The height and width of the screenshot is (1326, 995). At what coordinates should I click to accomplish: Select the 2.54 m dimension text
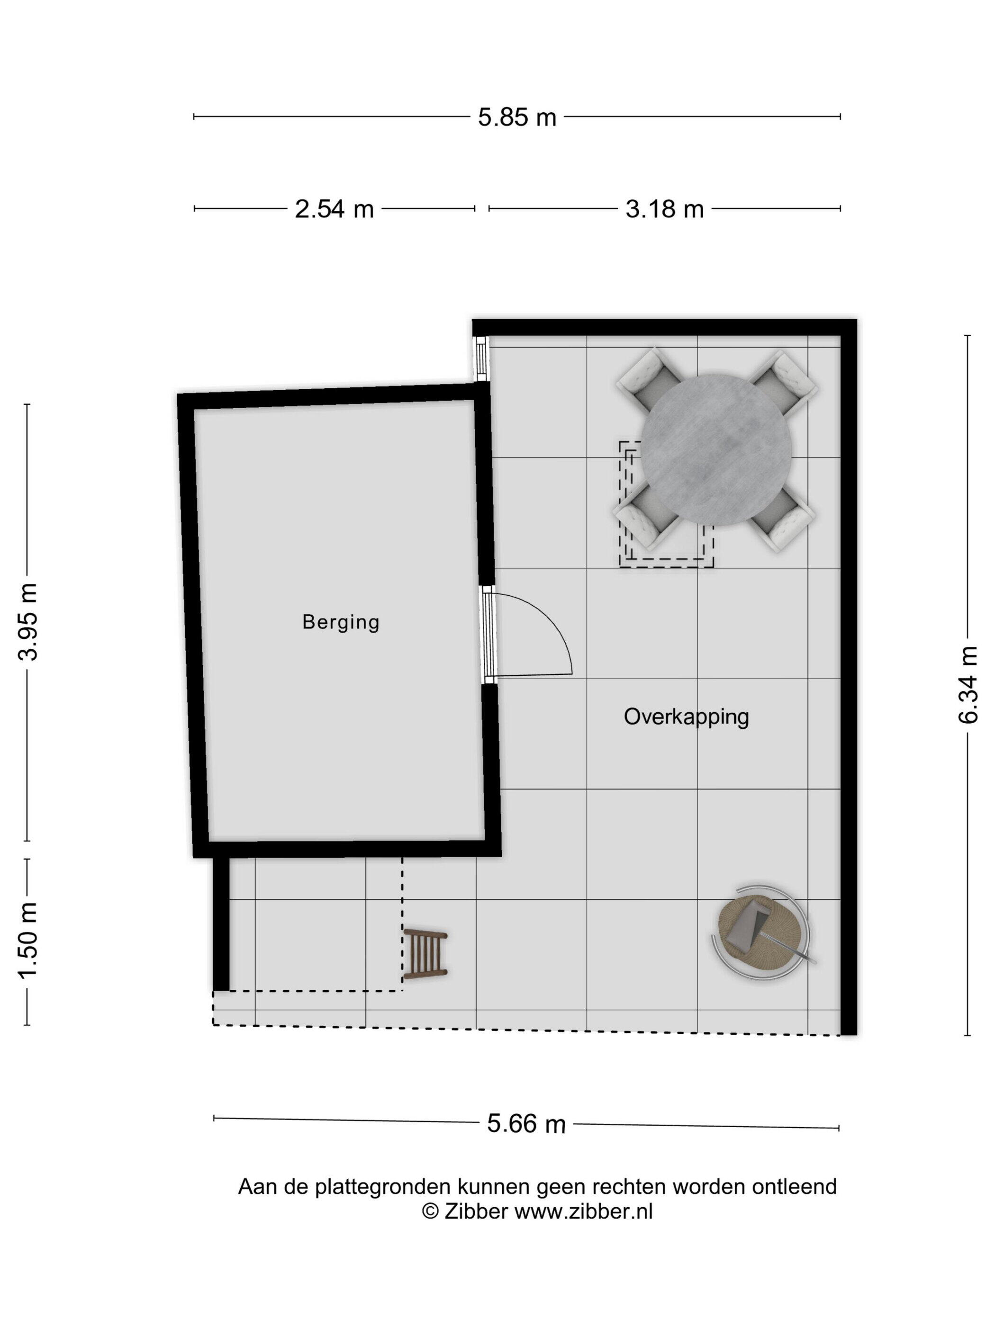(x=334, y=209)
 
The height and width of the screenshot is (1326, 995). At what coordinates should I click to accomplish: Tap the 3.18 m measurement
(x=664, y=209)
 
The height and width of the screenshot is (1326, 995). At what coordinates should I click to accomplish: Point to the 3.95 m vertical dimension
(x=27, y=621)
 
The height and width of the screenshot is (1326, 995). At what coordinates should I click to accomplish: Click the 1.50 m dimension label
(x=27, y=940)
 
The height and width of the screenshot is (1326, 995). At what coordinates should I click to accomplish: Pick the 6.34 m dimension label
(x=968, y=685)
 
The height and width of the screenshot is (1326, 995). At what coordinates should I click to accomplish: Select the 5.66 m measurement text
(x=526, y=1123)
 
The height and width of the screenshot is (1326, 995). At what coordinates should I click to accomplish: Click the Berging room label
(x=341, y=622)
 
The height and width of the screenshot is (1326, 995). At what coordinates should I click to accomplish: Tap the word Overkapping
(x=686, y=717)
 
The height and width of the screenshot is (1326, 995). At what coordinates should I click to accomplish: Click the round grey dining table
(x=715, y=449)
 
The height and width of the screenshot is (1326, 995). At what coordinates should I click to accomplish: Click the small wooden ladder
(x=425, y=953)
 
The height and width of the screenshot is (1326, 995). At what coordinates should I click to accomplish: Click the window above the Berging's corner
(x=481, y=358)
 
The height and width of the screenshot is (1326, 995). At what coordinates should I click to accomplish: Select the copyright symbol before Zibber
(x=430, y=1211)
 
